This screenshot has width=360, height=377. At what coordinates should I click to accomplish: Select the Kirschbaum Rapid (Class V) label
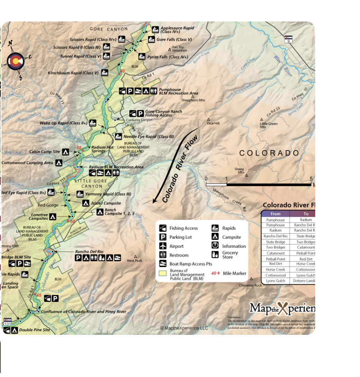click(x=73, y=73)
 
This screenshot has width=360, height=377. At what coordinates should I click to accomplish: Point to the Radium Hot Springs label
click(x=102, y=149)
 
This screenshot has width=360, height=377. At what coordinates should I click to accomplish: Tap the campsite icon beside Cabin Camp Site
click(x=65, y=152)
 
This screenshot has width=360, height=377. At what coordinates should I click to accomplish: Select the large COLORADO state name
click(x=269, y=153)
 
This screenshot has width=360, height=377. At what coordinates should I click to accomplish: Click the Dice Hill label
click(x=213, y=123)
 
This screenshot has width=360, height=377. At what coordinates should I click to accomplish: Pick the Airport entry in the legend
click(x=176, y=246)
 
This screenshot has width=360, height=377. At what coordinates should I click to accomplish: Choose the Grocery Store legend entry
click(x=230, y=255)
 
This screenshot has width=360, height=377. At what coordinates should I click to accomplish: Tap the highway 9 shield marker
click(x=288, y=39)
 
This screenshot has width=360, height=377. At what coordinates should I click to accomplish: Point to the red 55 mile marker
click(x=79, y=148)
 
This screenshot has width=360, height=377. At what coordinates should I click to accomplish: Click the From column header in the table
click(x=275, y=214)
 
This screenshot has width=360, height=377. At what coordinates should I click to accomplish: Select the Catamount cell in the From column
click(x=275, y=253)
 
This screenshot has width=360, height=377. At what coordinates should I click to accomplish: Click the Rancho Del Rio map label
click(x=89, y=252)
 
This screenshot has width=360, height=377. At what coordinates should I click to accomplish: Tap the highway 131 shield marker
click(x=7, y=322)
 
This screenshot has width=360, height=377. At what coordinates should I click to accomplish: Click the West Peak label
click(x=134, y=261)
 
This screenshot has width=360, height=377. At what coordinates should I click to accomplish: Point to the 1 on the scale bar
click(x=226, y=179)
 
